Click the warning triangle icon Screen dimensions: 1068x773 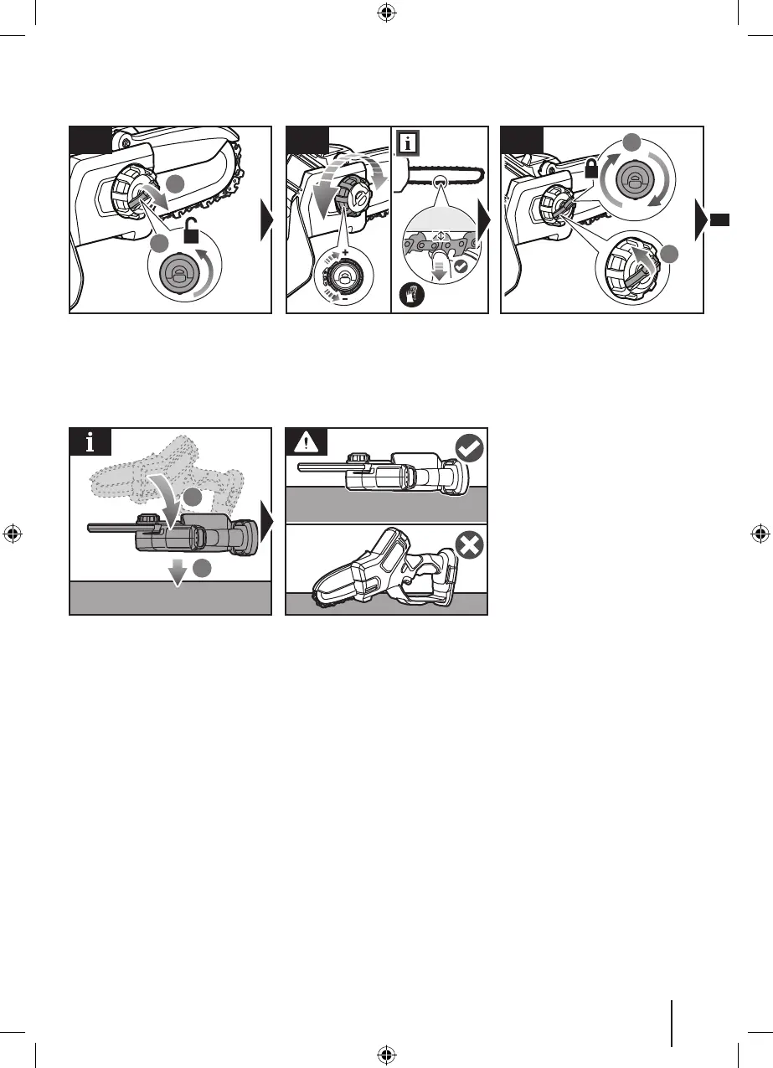[x=302, y=441]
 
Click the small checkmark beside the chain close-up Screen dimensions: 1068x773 [x=460, y=267]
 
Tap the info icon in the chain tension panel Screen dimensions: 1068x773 [x=408, y=142]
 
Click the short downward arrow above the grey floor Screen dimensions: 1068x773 [x=176, y=573]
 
